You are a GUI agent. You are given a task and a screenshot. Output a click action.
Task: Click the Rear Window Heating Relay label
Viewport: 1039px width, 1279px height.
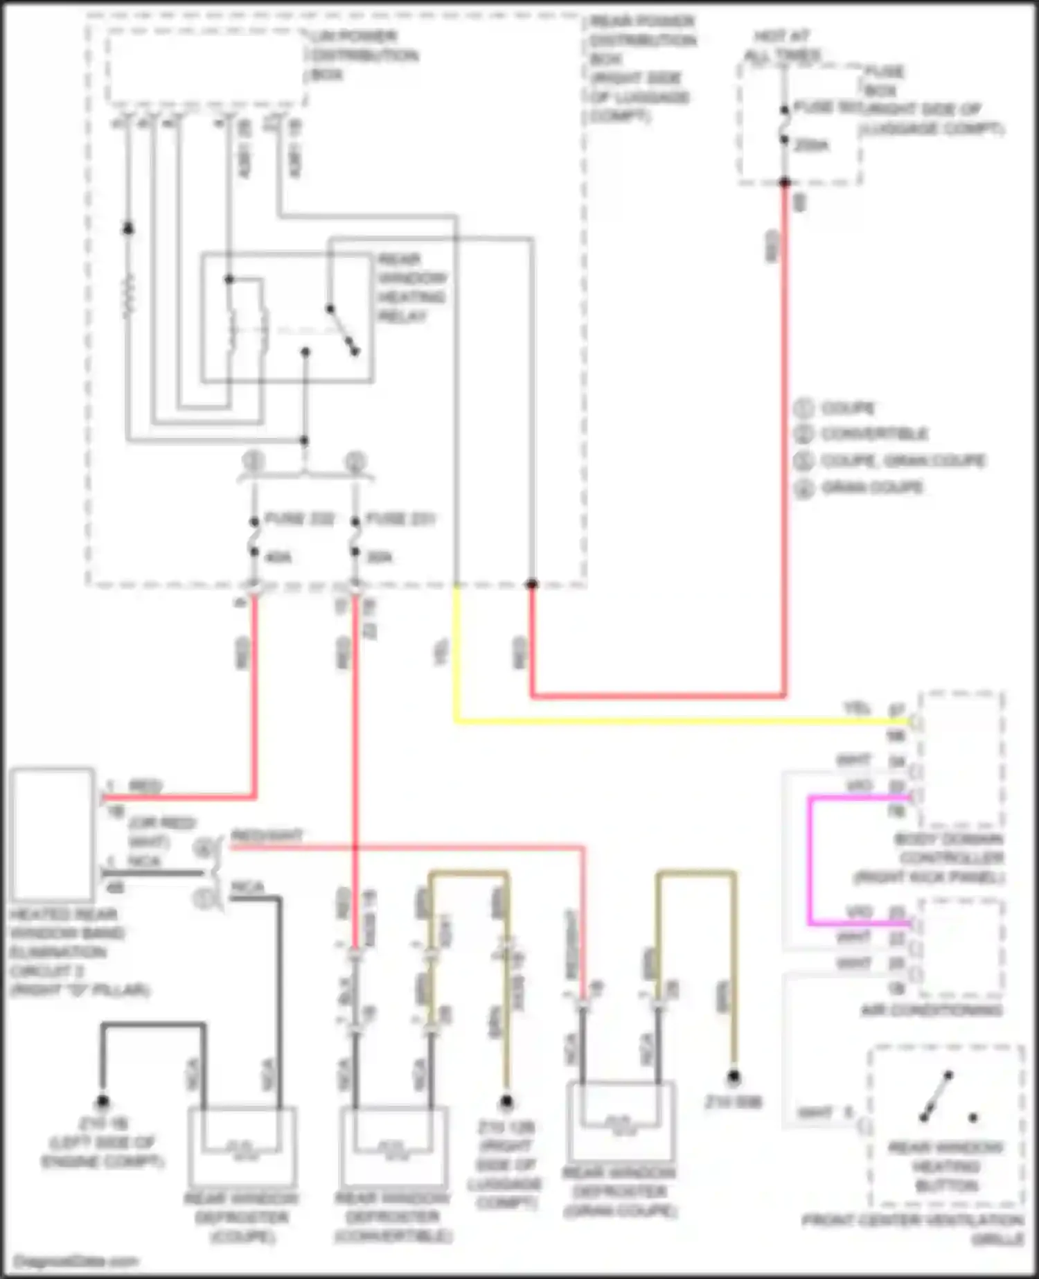pyautogui.click(x=411, y=288)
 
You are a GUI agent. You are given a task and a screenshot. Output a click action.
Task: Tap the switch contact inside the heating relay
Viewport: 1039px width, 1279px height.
pyautogui.click(x=342, y=330)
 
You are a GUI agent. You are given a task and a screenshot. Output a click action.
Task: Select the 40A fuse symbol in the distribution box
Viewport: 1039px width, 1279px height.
pyautogui.click(x=254, y=537)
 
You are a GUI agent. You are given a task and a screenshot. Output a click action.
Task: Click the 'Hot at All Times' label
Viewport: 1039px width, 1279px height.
pyautogui.click(x=782, y=45)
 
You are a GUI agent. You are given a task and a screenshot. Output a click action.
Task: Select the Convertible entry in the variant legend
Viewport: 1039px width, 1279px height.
pyautogui.click(x=873, y=434)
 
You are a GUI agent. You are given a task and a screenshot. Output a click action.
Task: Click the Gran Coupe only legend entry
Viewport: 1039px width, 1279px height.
pyautogui.click(x=871, y=488)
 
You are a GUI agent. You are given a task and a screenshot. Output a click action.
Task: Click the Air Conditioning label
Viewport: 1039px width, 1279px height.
pyautogui.click(x=932, y=1010)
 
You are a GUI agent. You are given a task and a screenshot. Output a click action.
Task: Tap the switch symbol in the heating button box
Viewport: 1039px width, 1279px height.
pyautogui.click(x=936, y=1097)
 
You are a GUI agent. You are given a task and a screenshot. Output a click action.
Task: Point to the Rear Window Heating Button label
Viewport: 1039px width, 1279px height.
pyautogui.click(x=945, y=1167)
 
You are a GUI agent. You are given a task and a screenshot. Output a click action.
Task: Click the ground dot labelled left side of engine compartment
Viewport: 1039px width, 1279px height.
pyautogui.click(x=103, y=1102)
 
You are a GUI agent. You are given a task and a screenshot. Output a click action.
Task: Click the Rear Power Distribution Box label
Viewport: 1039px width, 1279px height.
pyautogui.click(x=641, y=69)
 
